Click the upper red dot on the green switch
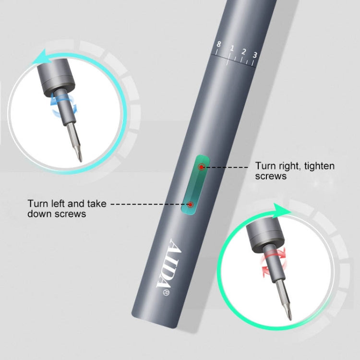[202, 167]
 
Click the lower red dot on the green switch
[191, 205]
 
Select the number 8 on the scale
[219, 45]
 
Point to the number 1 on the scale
[231, 48]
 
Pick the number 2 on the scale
[243, 52]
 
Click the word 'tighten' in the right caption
[318, 166]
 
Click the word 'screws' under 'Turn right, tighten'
[271, 176]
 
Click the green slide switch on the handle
[196, 186]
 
